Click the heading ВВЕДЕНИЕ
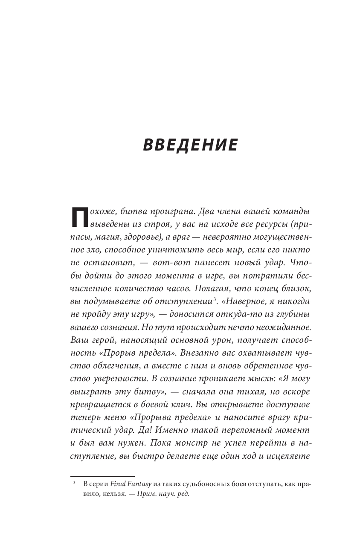point(190,145)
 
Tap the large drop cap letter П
point(79,217)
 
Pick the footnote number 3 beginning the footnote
point(74,482)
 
